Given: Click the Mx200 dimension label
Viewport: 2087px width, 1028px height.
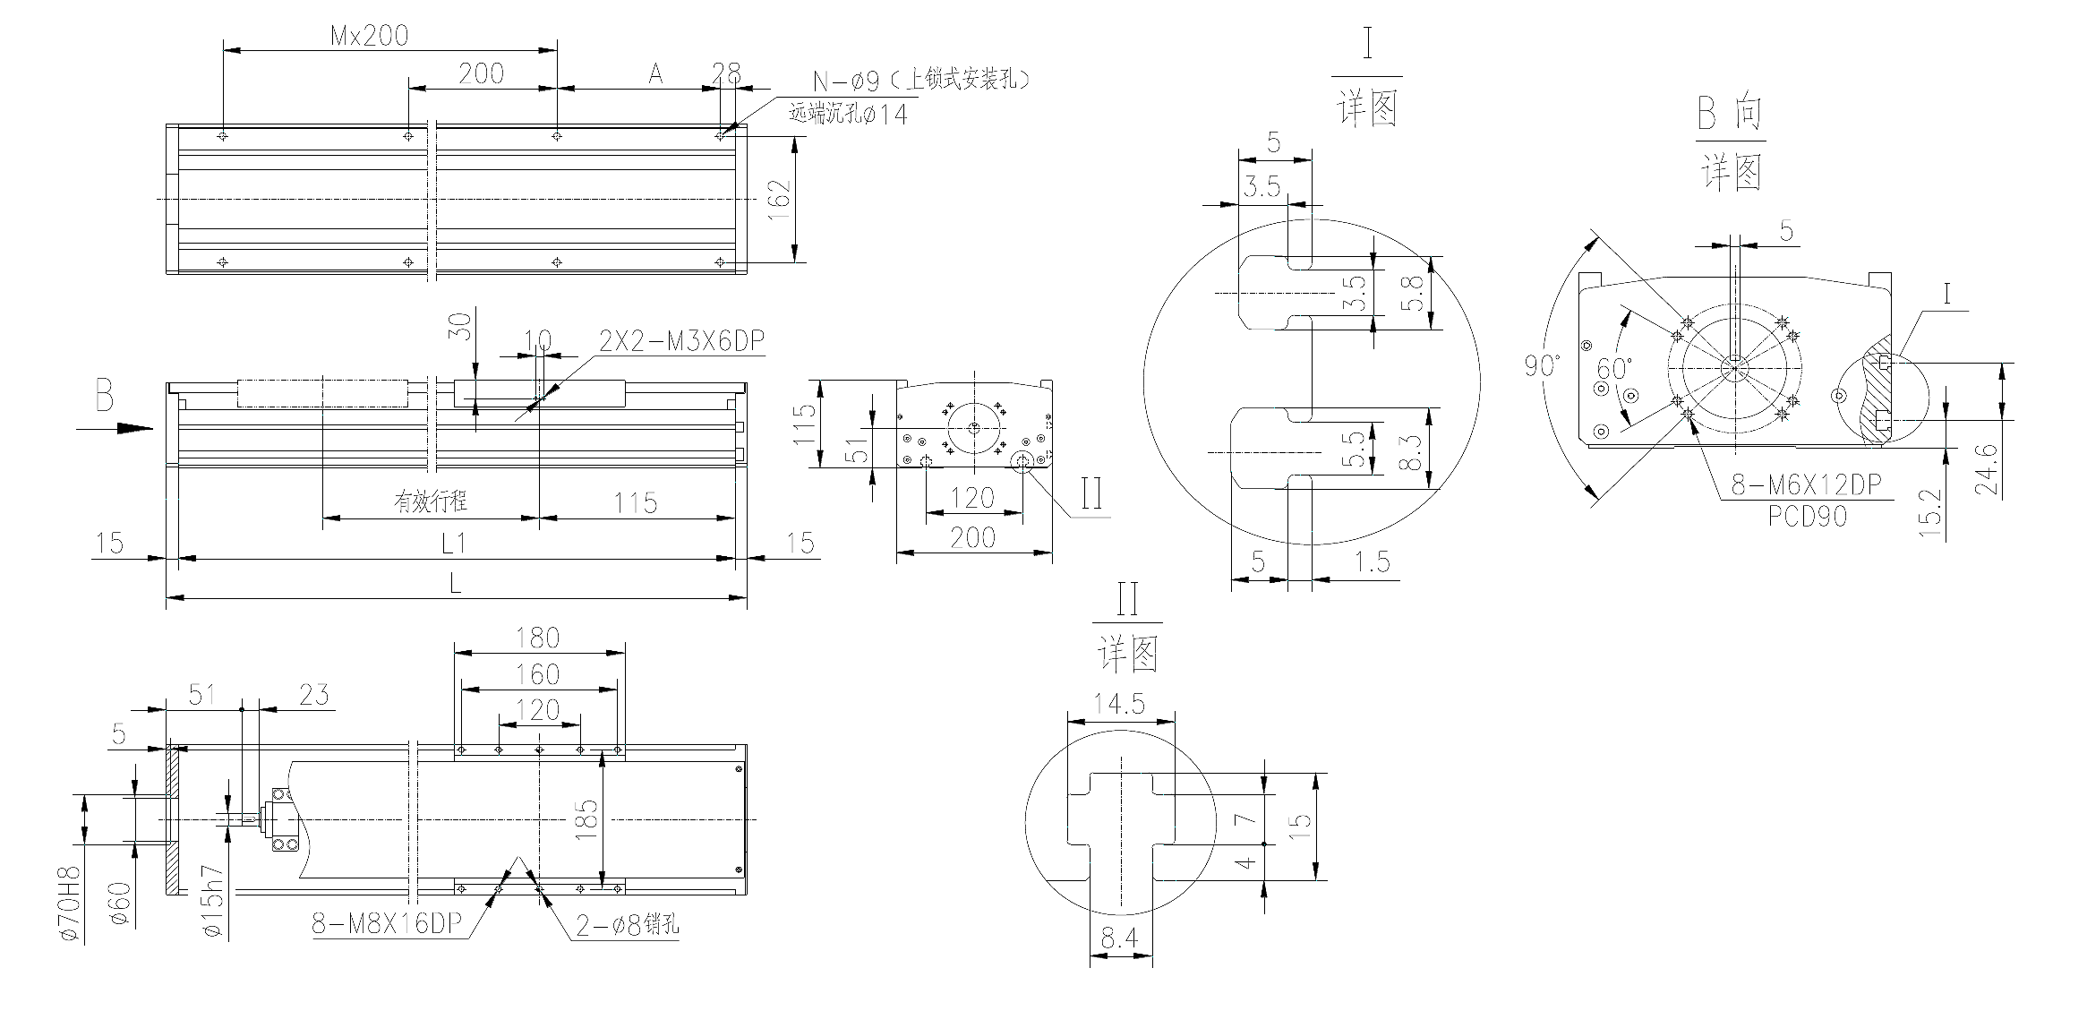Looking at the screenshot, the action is coord(369,36).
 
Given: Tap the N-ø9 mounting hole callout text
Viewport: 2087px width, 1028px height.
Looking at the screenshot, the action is coord(921,81).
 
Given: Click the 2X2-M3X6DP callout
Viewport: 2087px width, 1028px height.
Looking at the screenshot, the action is coord(682,341).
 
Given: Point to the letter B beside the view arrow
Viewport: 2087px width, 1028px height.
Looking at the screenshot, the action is coord(105,395).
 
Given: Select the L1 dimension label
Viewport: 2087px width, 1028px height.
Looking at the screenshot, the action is coord(455,544).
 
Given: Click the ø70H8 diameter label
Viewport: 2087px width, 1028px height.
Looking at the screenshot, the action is coord(72,904).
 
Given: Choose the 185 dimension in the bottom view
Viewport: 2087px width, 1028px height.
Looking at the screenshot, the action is coord(586,819).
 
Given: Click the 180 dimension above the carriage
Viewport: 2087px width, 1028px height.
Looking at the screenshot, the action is coord(537,638).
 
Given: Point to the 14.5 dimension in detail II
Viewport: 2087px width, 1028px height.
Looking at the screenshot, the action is coord(1120,704).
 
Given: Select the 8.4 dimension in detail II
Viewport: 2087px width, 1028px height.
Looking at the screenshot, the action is coord(1119,938).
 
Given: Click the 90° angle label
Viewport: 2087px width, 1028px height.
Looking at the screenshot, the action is coord(1542,365).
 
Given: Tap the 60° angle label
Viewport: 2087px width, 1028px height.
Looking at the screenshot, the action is coord(1614,368).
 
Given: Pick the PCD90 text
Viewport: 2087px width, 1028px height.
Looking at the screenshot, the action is coord(1807,517).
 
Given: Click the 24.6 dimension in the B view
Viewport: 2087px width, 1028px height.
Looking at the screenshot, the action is coord(1986,469).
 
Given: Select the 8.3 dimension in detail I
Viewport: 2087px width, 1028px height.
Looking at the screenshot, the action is coord(1408,452).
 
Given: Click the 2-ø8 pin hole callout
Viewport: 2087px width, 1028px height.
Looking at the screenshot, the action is coord(627,925).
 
